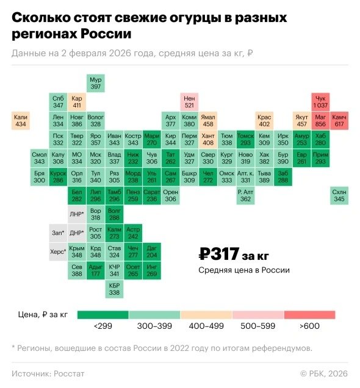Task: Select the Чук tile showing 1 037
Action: [320, 102]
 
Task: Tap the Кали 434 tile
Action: [21, 121]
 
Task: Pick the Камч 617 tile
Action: [339, 121]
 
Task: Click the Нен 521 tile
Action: [189, 102]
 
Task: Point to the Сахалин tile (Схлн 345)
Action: [339, 195]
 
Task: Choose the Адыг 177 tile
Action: [95, 270]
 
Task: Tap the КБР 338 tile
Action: [114, 289]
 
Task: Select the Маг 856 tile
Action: [320, 121]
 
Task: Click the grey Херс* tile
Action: [58, 252]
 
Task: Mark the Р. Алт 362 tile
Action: [245, 195]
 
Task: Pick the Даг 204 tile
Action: [152, 251]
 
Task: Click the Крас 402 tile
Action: [264, 121]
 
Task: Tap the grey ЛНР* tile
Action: [77, 214]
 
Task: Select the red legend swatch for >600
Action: [309, 315]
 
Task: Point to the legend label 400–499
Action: [206, 327]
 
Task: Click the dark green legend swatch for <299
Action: [103, 315]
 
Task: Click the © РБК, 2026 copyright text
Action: [323, 372]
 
